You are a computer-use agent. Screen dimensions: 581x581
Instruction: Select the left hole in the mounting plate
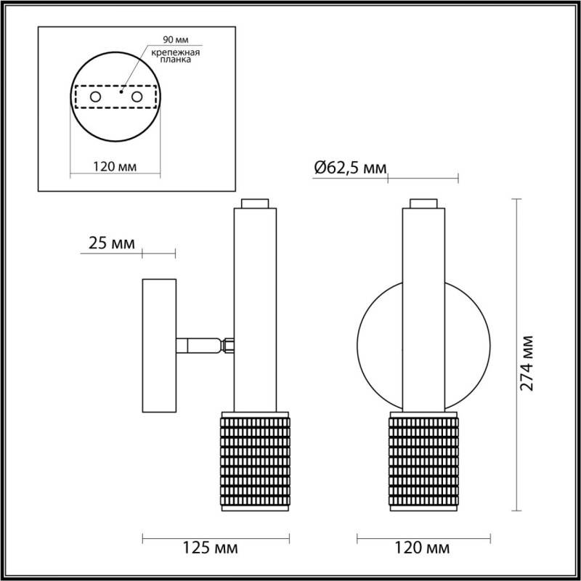94,96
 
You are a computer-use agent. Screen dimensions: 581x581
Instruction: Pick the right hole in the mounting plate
136,96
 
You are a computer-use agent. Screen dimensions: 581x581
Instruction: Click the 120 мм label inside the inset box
115,166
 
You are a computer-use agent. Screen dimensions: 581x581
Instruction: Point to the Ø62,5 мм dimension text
349,168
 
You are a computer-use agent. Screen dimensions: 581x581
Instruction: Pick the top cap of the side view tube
256,203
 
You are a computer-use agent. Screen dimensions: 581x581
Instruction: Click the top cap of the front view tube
424,203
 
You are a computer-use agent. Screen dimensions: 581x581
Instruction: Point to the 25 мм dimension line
158,253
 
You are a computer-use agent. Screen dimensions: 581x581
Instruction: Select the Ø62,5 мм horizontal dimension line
423,176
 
